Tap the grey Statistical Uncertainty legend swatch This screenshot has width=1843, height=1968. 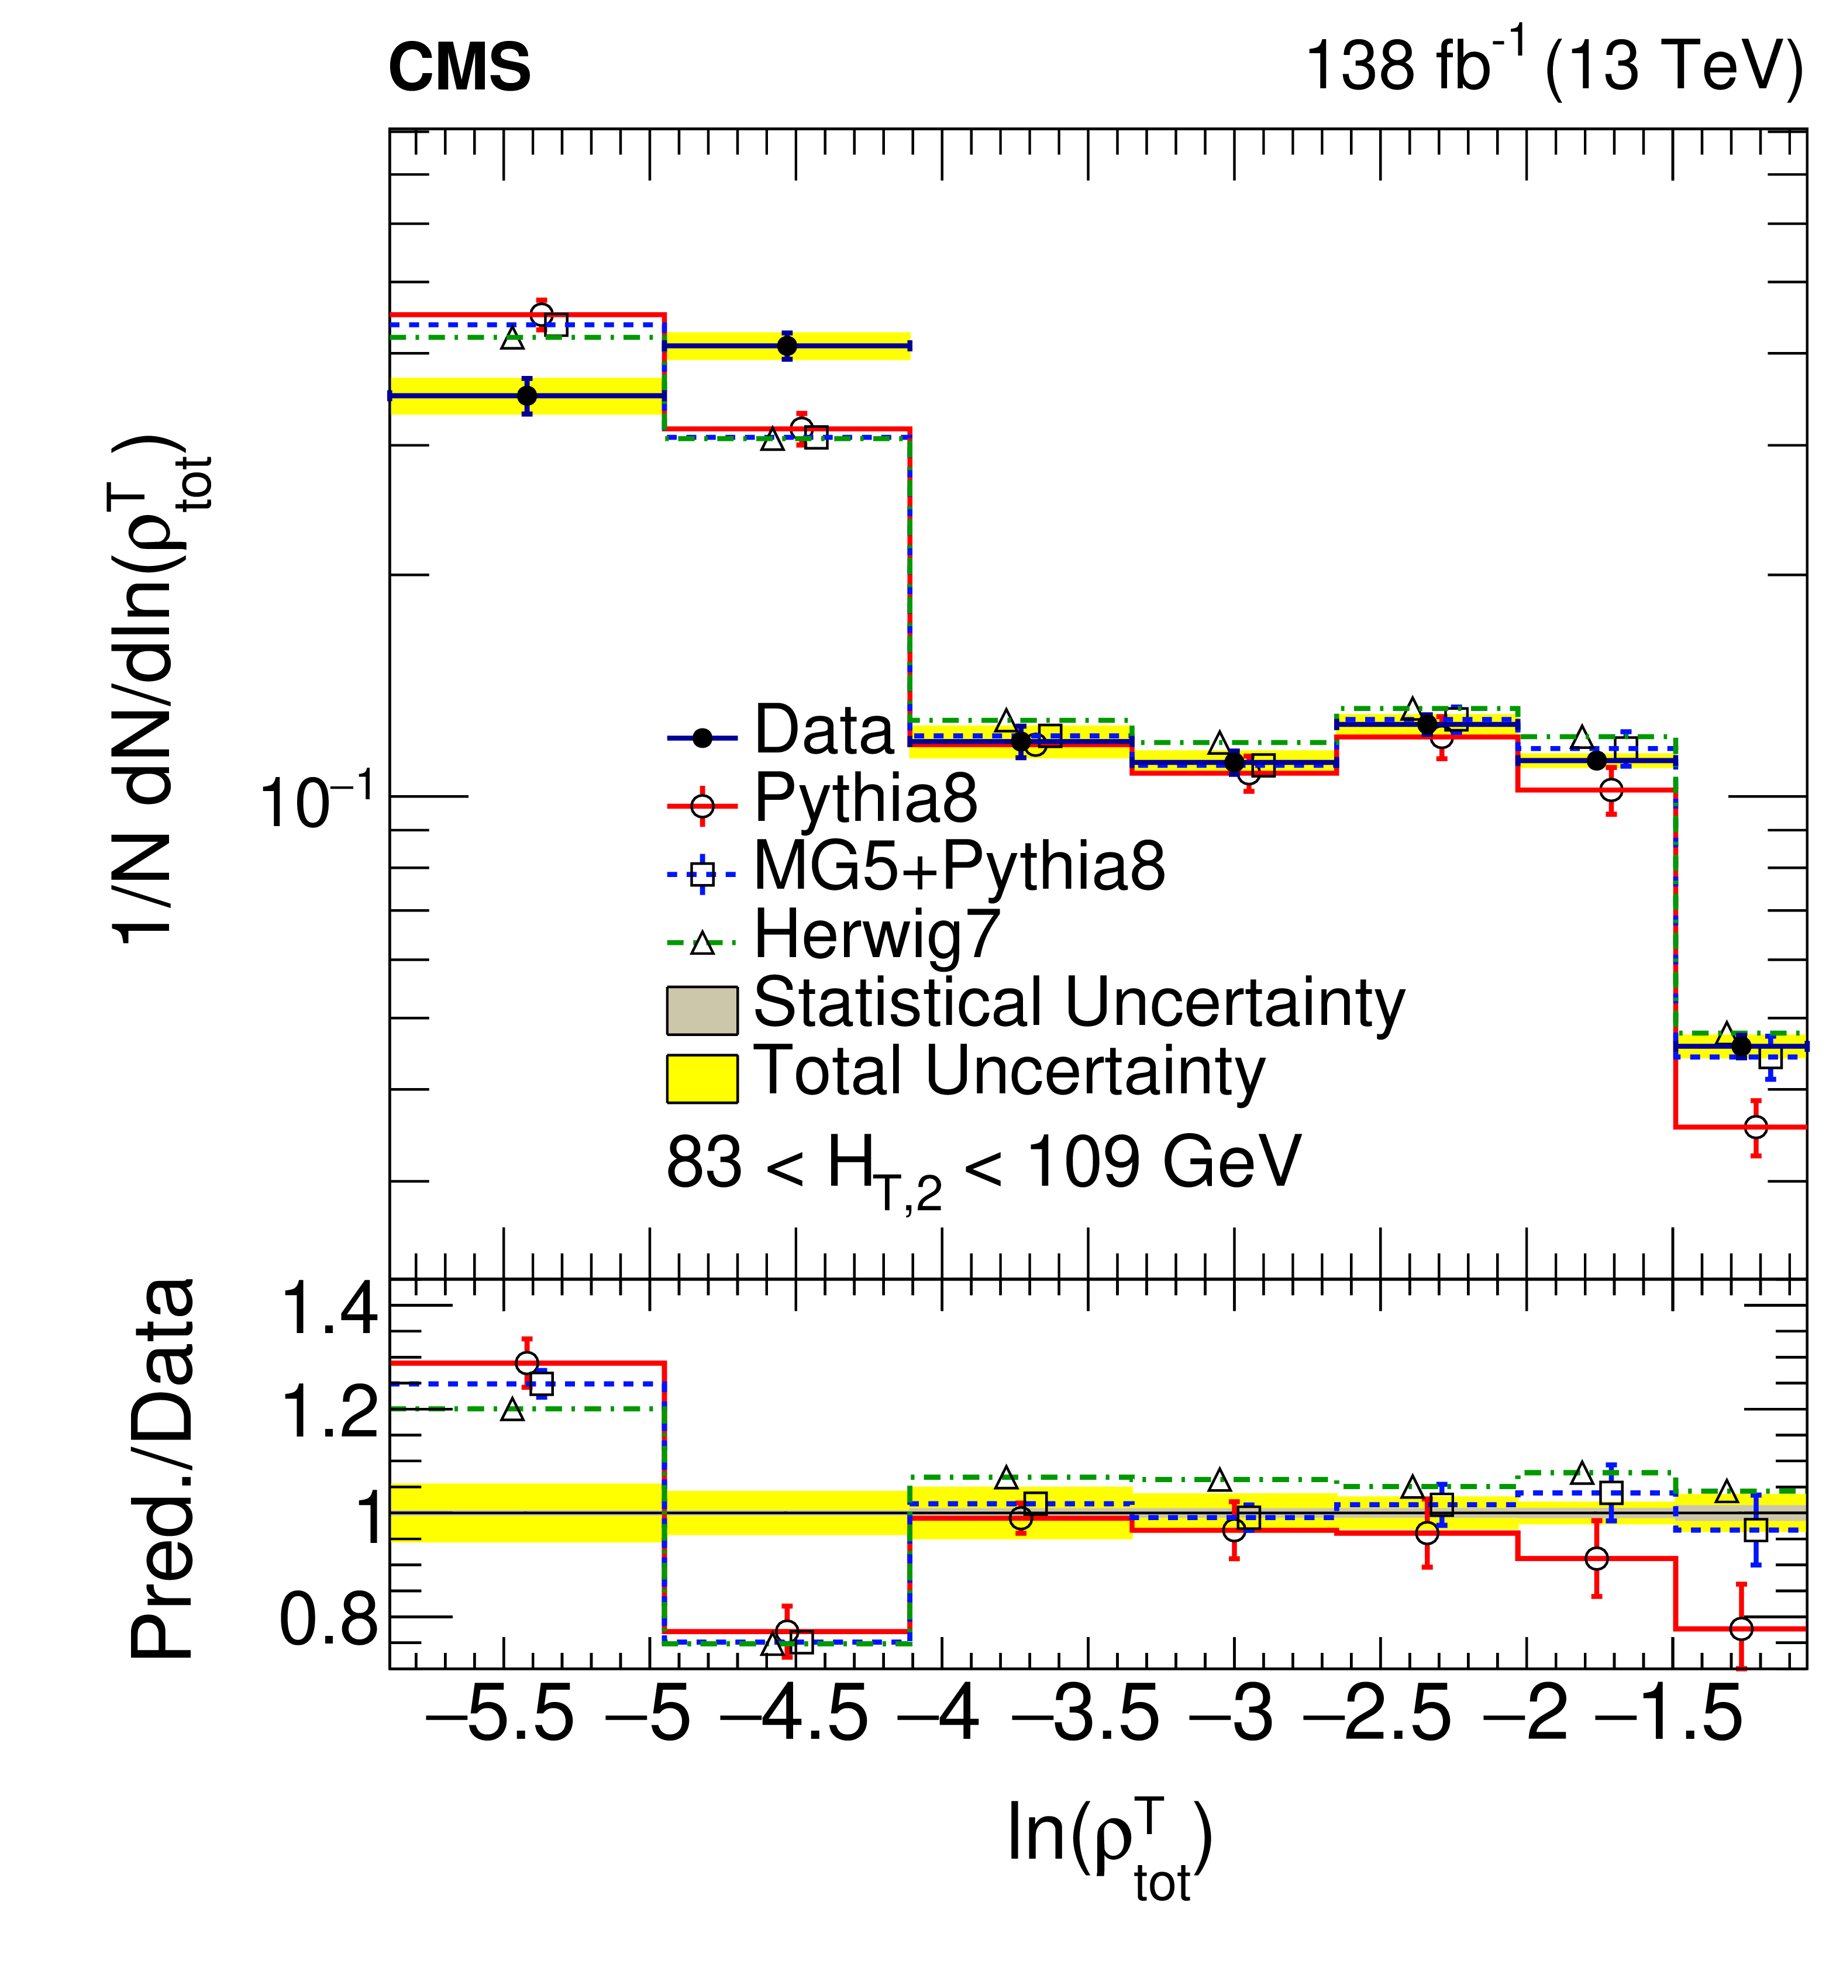(701, 1010)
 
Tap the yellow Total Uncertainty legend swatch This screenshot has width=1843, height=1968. (701, 1078)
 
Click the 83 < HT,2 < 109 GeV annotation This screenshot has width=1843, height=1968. (983, 1165)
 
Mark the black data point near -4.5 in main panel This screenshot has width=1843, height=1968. (787, 346)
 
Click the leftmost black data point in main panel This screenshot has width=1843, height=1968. (527, 396)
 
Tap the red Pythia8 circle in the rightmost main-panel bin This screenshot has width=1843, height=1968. (1756, 1127)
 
